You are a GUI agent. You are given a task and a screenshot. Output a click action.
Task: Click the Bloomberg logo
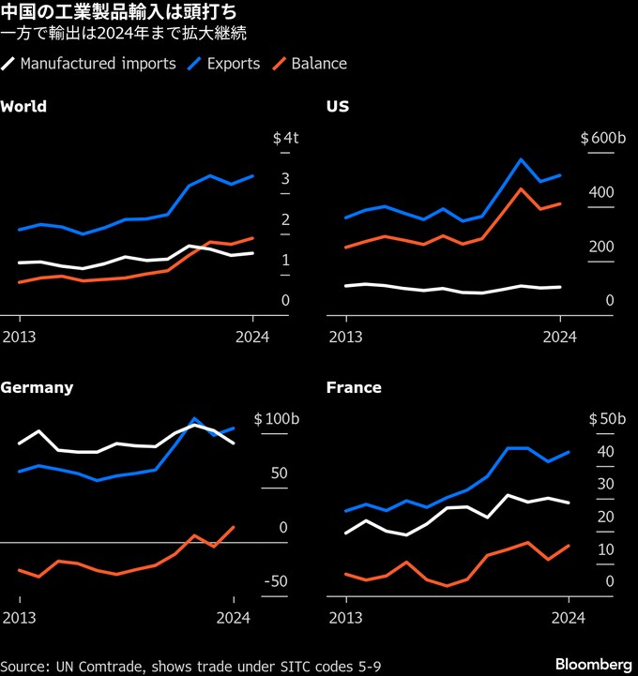pyautogui.click(x=593, y=664)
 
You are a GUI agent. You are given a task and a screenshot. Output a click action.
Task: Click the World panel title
pyautogui.click(x=24, y=106)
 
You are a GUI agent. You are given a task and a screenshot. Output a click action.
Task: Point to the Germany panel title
pyautogui.click(x=37, y=387)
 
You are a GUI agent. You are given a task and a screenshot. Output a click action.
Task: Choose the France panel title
pyautogui.click(x=354, y=387)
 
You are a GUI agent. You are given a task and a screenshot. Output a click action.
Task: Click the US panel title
pyautogui.click(x=338, y=106)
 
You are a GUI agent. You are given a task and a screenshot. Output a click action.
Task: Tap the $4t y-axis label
pyautogui.click(x=285, y=138)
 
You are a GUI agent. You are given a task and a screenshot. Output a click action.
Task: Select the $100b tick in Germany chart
pyautogui.click(x=276, y=419)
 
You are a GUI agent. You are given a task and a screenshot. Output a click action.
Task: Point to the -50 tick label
pyautogui.click(x=275, y=582)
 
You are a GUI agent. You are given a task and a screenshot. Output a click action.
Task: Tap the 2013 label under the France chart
pyautogui.click(x=345, y=617)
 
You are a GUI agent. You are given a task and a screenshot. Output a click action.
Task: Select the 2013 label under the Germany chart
pyautogui.click(x=20, y=617)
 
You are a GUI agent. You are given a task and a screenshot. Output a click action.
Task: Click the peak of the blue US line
pyautogui.click(x=521, y=159)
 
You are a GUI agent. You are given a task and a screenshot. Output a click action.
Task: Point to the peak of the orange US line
pyautogui.click(x=521, y=188)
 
